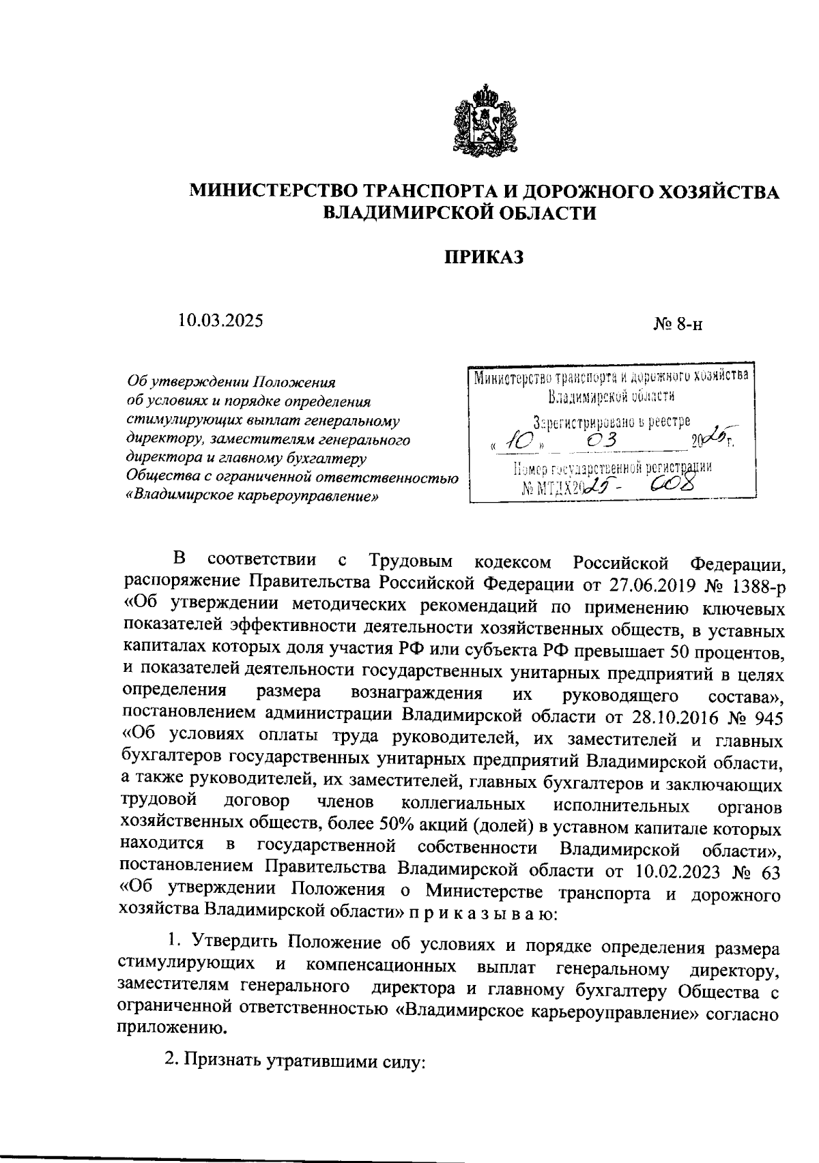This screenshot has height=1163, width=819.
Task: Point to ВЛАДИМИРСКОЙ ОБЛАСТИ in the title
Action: coord(459,213)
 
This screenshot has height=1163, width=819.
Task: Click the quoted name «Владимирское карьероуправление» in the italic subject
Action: coord(253,495)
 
